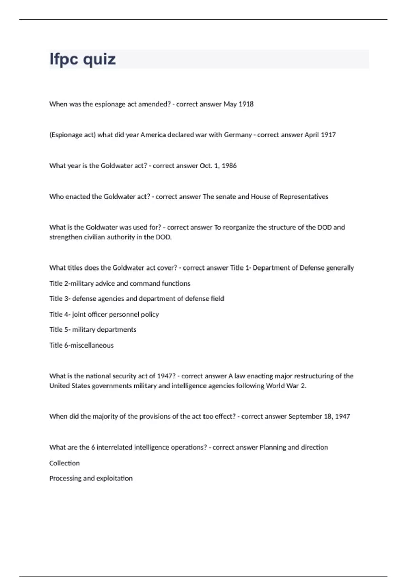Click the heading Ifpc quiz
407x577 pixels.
tap(82, 59)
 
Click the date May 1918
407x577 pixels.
tap(238, 104)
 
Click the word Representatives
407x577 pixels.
tap(304, 197)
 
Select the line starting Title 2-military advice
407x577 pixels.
tap(119, 283)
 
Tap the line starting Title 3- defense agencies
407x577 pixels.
tap(136, 299)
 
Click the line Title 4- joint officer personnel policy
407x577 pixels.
tap(104, 314)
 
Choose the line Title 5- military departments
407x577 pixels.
tap(93, 330)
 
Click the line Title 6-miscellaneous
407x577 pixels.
tap(81, 345)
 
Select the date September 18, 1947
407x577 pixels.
tap(319, 416)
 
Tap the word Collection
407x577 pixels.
tap(64, 463)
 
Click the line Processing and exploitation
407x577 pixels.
tap(91, 478)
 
